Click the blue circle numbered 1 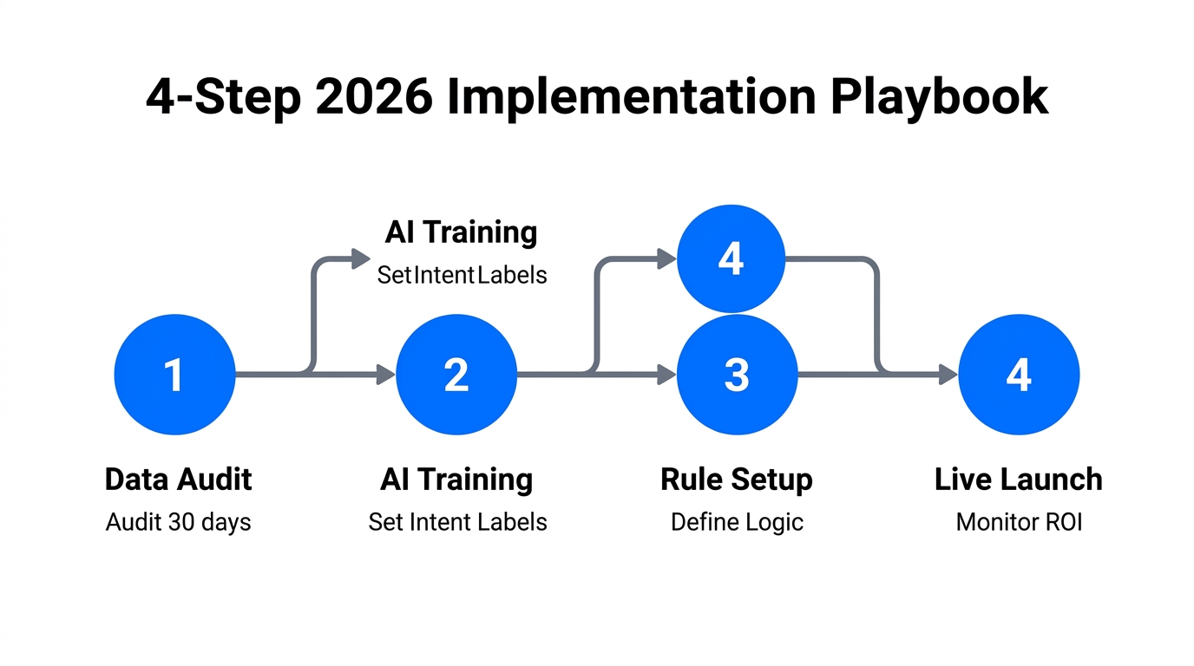(174, 375)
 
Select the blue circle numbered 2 (456, 375)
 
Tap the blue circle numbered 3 (737, 375)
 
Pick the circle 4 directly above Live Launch (1019, 375)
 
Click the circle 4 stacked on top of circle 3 (731, 258)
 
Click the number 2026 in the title (374, 97)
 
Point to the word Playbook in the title (940, 97)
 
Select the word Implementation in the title (632, 97)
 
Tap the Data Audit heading (178, 479)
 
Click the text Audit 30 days (178, 522)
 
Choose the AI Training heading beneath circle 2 (456, 479)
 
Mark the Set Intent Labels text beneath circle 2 (457, 522)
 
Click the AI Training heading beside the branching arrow (461, 232)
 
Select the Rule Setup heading (737, 479)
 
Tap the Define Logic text (737, 522)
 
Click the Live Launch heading (1019, 479)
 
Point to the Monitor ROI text (1019, 522)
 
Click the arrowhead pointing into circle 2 (385, 375)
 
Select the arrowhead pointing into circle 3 (666, 375)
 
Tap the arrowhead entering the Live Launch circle (948, 375)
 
